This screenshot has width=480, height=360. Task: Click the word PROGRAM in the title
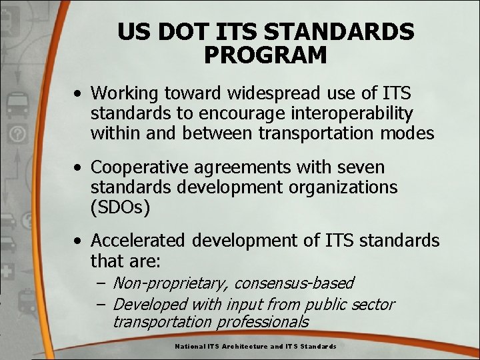pos(265,55)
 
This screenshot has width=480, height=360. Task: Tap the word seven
pos(361,166)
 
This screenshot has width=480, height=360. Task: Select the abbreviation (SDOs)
pos(121,207)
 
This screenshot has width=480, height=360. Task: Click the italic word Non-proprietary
pos(171,284)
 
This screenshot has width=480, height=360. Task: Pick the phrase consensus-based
pos(295,284)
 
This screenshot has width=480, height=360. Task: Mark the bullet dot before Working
pos(79,93)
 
